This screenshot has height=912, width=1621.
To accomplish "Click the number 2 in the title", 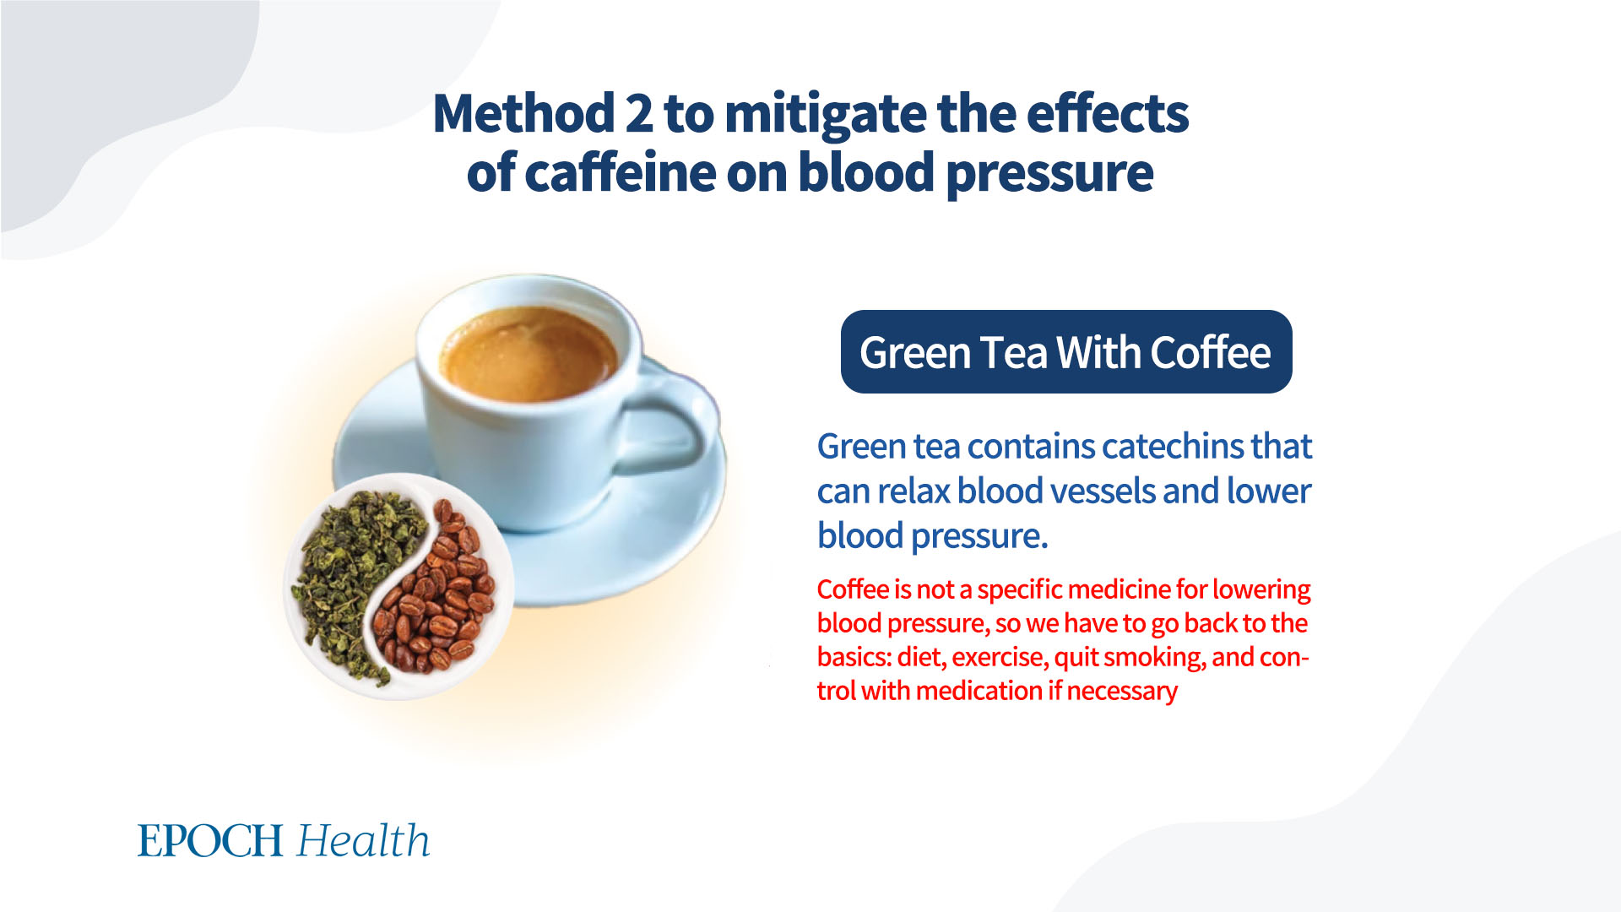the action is (638, 114).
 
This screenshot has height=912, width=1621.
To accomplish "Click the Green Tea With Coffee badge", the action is (1066, 351).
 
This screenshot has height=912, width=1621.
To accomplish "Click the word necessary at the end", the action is (1122, 692).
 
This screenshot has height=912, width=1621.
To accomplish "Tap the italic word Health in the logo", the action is (364, 840).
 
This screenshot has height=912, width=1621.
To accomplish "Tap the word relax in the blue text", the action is (912, 491).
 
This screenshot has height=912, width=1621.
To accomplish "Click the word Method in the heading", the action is (523, 114).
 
